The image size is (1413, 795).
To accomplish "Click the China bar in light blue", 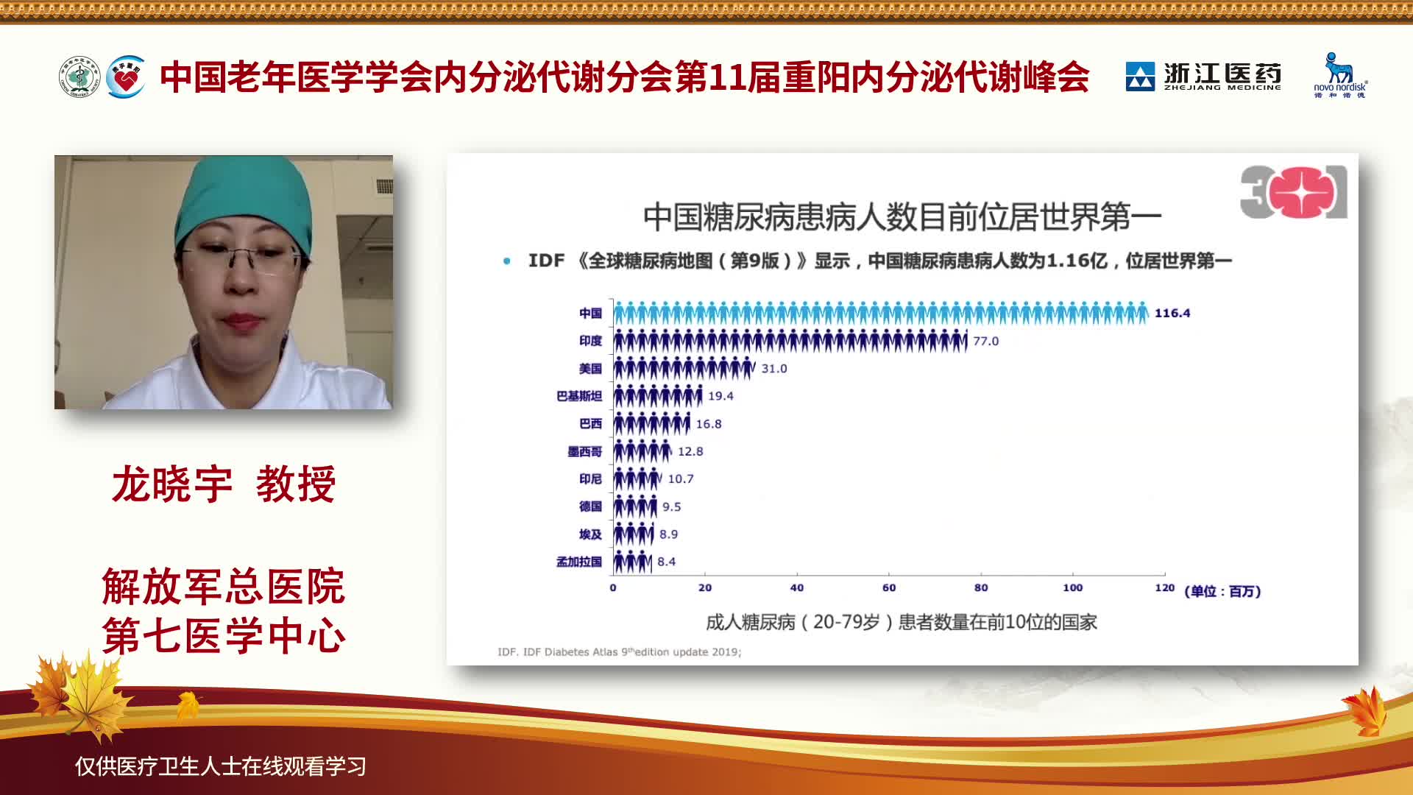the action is click(881, 313).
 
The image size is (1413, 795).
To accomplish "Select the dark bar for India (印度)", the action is click(790, 341).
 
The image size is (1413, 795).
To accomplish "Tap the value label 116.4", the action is click(1172, 313).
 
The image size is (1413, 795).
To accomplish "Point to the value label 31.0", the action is click(774, 368).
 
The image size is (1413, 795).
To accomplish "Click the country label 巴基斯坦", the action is click(579, 396).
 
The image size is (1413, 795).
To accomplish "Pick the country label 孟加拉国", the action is click(579, 562).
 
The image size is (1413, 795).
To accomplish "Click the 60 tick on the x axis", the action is click(889, 587).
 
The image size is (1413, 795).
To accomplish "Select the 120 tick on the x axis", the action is click(1165, 587).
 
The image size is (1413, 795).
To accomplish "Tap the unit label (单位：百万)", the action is click(1222, 591).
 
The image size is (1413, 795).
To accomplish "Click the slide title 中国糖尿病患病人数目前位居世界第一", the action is click(902, 216).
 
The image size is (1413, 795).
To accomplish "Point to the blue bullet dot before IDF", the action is click(506, 261).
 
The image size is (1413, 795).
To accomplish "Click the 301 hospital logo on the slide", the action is click(1294, 191).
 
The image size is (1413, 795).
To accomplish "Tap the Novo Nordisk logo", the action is click(1340, 75).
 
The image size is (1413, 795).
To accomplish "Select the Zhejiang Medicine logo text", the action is click(1222, 77).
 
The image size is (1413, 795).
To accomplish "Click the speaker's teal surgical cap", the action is click(244, 202).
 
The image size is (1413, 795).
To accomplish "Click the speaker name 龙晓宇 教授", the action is click(224, 484).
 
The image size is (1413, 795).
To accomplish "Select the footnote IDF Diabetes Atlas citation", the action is click(620, 651).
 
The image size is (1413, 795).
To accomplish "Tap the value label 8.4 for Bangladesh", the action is click(667, 562).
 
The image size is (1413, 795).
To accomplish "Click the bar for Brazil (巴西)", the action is click(652, 423).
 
